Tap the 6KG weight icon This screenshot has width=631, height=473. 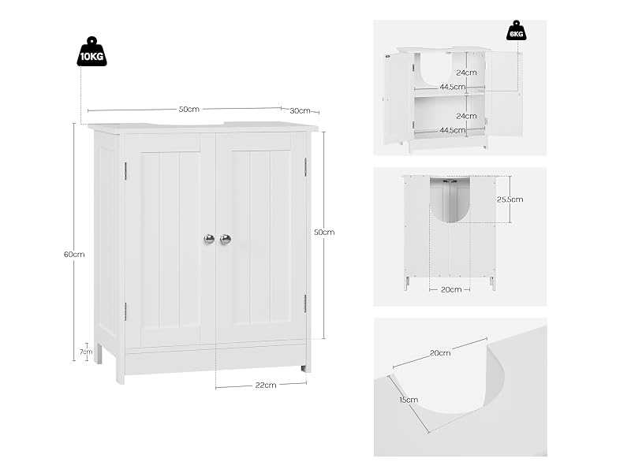coord(517,31)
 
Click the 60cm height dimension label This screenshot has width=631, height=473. coord(74,254)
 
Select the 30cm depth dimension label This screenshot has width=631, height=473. coord(301,111)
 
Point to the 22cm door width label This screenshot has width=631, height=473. coord(266,385)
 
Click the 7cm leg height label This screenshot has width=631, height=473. coord(86,352)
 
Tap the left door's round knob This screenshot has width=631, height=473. coord(209,239)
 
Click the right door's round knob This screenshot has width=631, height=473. coord(226,239)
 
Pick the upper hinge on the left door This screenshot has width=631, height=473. coord(125,170)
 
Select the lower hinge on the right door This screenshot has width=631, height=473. coord(305,304)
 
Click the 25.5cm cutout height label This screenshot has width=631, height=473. coord(510,199)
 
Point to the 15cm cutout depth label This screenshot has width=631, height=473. coord(409,400)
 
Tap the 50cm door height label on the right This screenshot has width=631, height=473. coord(324,233)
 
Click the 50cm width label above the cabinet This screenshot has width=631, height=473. coord(189,110)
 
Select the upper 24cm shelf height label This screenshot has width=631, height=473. coord(466,73)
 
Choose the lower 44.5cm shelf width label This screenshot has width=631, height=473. coord(453,130)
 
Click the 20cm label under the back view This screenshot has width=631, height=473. coord(451,289)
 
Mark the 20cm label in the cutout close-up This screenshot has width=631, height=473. coord(440,353)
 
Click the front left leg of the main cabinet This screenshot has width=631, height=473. coord(121,369)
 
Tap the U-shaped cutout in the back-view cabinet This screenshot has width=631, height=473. coord(450,200)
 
